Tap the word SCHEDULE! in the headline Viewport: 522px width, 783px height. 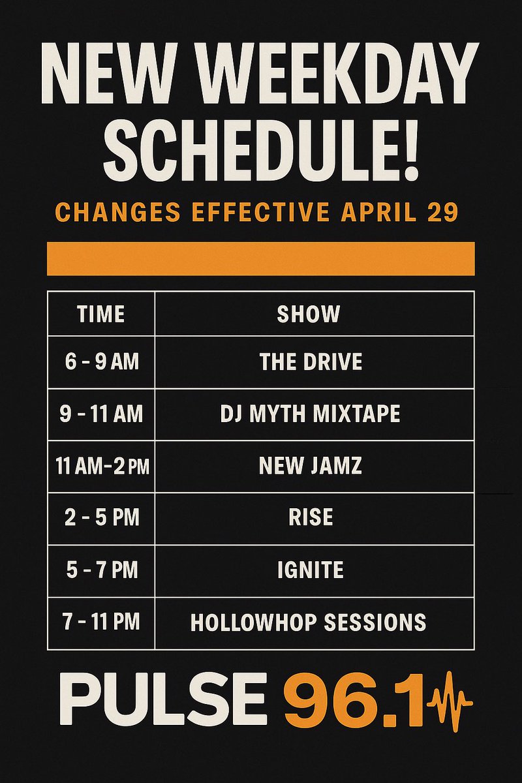point(261,149)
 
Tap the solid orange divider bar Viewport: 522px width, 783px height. point(261,258)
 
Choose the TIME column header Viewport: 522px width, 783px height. point(100,314)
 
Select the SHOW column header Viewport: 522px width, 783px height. point(309,314)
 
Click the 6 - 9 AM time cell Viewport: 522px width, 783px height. point(101,361)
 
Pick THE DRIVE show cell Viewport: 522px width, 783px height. point(311,361)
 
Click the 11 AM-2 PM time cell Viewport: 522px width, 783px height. point(101,466)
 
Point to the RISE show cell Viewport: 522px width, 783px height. point(311,517)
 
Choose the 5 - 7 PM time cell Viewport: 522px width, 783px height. point(101,570)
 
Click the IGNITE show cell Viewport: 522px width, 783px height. point(311,570)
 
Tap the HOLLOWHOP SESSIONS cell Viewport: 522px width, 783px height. point(308,622)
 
